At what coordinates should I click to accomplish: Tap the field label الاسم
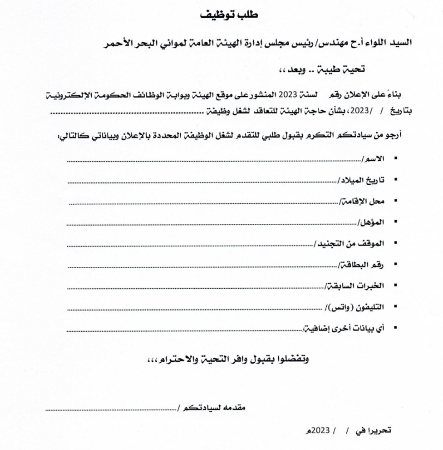(373, 159)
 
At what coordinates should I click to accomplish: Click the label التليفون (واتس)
(356, 307)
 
